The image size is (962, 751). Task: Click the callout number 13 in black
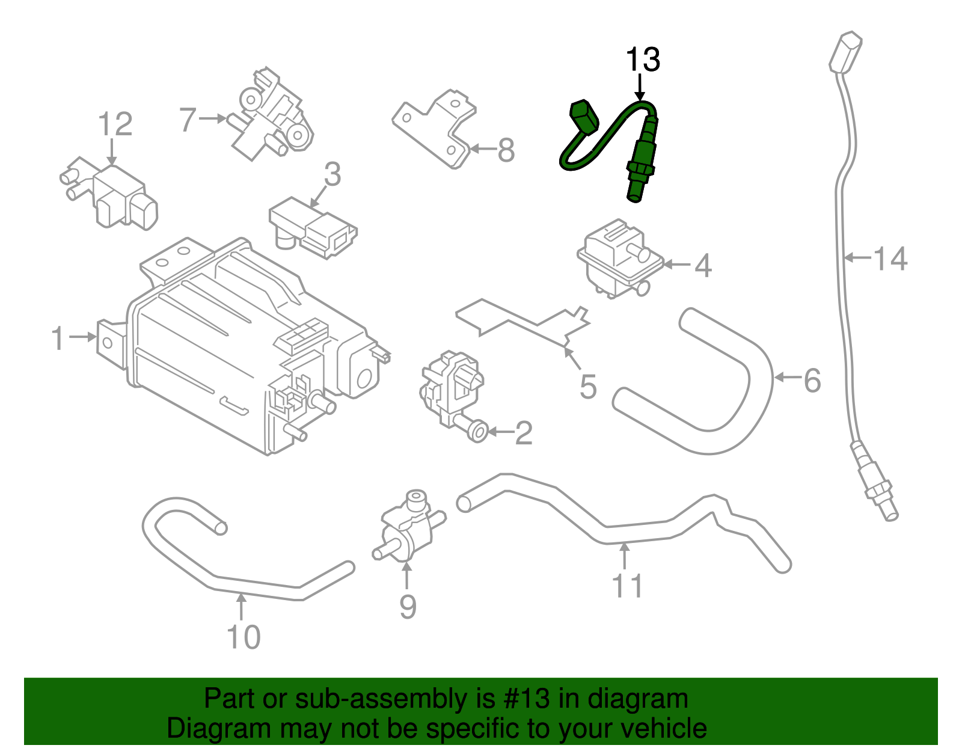(x=643, y=60)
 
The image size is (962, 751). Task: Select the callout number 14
(x=890, y=259)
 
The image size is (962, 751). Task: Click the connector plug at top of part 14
(x=847, y=52)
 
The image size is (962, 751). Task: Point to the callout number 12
(x=115, y=124)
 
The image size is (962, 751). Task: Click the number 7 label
(x=188, y=120)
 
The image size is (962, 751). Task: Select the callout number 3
(x=332, y=174)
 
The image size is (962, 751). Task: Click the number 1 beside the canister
(x=58, y=338)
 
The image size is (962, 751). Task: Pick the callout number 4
(x=703, y=265)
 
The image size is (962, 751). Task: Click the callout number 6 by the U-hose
(x=812, y=380)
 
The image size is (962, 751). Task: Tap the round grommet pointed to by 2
(x=477, y=432)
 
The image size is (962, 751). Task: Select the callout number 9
(x=408, y=607)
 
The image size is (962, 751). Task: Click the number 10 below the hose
(x=244, y=637)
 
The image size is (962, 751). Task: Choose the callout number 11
(x=628, y=586)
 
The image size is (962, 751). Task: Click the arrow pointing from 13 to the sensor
(x=640, y=87)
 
